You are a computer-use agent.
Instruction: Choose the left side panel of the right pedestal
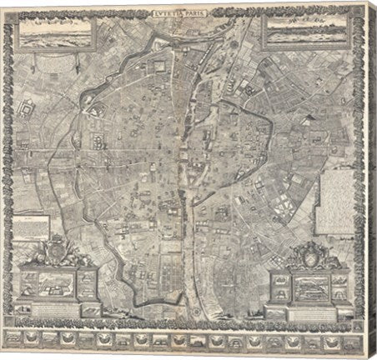click(274, 281)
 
